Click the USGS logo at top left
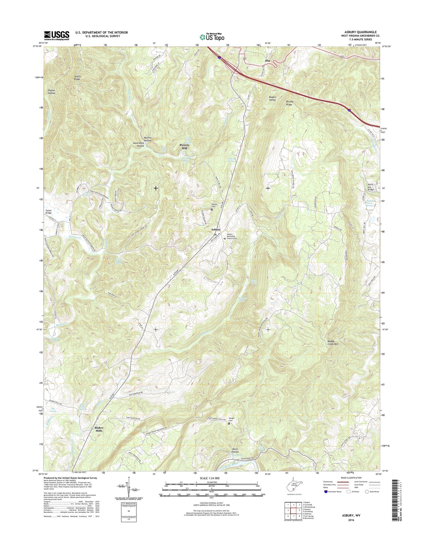tap(57, 36)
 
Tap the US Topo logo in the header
tap(212, 37)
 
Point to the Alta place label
tap(267, 61)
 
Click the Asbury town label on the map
tap(216, 229)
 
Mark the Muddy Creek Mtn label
tap(333, 342)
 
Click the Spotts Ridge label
tap(77, 78)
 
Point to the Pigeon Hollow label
tap(52, 92)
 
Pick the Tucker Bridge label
tap(49, 211)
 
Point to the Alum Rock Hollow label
tap(138, 145)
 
